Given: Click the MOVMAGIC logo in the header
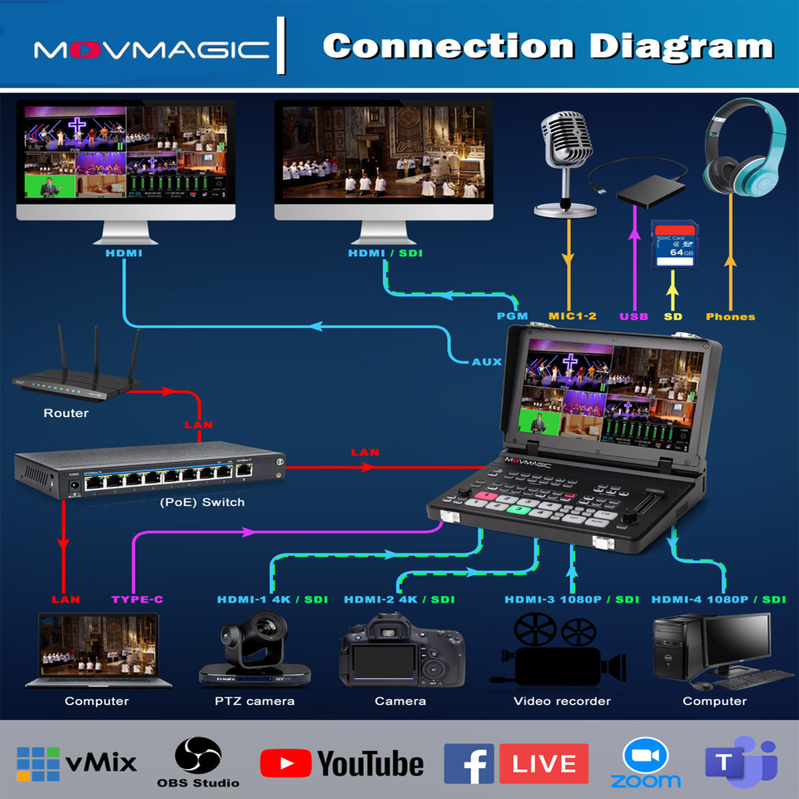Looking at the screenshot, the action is (x=151, y=50).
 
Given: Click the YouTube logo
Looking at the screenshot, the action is (x=342, y=763).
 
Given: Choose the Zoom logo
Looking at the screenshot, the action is (x=645, y=763).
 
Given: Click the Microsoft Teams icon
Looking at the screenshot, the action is (x=741, y=763).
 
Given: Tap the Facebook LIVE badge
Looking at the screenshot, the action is (x=516, y=763).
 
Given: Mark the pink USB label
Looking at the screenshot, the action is (x=634, y=316).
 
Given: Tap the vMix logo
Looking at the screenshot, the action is (x=77, y=762).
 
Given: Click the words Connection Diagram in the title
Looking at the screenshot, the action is (x=548, y=45).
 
